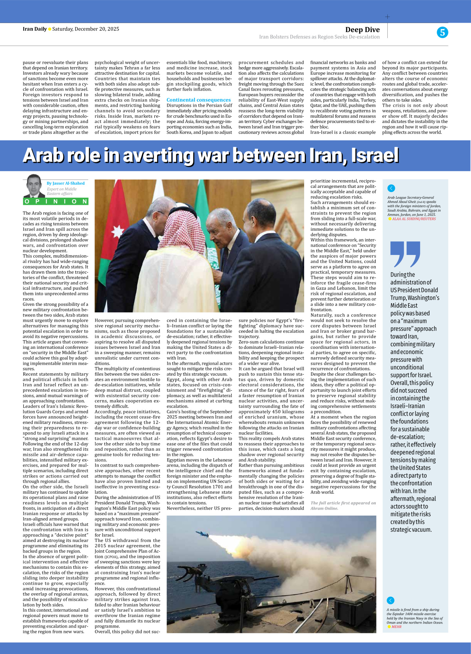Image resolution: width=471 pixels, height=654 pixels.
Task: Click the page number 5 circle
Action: pos(442,32)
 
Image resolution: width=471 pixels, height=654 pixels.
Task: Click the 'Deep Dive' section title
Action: pos(362,29)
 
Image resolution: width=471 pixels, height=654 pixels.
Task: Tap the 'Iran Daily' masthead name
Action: pos(35,29)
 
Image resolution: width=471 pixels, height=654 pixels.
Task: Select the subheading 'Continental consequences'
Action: pos(199,100)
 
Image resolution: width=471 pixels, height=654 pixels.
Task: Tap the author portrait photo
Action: pos(34,186)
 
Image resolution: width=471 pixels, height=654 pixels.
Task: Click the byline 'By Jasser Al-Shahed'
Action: pos(66,183)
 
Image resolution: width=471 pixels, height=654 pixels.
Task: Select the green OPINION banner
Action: pos(55,201)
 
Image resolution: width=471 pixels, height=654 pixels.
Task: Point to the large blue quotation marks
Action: pos(405,254)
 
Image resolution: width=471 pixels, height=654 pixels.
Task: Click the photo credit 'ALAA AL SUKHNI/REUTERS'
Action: pos(414,219)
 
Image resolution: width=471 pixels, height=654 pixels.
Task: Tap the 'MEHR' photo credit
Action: pos(396,627)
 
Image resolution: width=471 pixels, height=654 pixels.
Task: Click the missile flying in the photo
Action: pos(202,534)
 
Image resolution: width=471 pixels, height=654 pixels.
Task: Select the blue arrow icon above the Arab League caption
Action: pos(391,188)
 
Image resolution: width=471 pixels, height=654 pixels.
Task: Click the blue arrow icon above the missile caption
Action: pos(390,600)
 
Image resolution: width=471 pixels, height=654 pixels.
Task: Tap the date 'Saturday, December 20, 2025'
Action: pos(86,29)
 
